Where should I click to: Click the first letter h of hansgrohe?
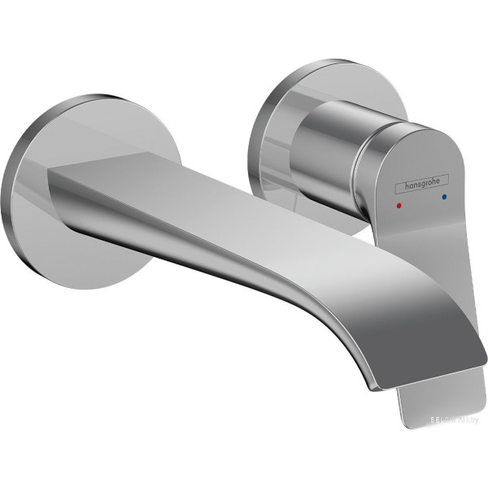click(x=398, y=185)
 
